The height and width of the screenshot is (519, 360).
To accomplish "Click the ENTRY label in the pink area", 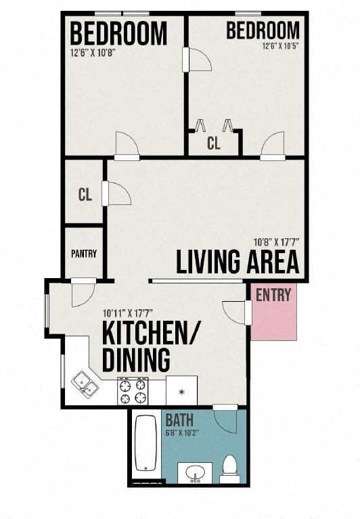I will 273,294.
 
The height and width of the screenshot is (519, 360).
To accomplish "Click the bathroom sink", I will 195,473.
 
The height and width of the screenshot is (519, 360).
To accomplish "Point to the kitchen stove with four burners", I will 132,390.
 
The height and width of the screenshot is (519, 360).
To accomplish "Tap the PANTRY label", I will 84,254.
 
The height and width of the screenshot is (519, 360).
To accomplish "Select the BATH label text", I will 179,419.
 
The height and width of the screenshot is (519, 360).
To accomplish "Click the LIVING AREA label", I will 237,262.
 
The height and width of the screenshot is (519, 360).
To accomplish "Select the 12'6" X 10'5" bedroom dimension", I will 280,47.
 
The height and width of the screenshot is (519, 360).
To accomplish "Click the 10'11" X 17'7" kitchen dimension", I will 129,313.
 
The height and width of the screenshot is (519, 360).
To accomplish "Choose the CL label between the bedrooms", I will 213,143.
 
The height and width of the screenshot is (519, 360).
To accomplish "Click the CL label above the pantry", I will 85,196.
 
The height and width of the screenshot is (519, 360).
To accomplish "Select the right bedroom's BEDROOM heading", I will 263,30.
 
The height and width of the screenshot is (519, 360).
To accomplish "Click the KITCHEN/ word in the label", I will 153,334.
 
